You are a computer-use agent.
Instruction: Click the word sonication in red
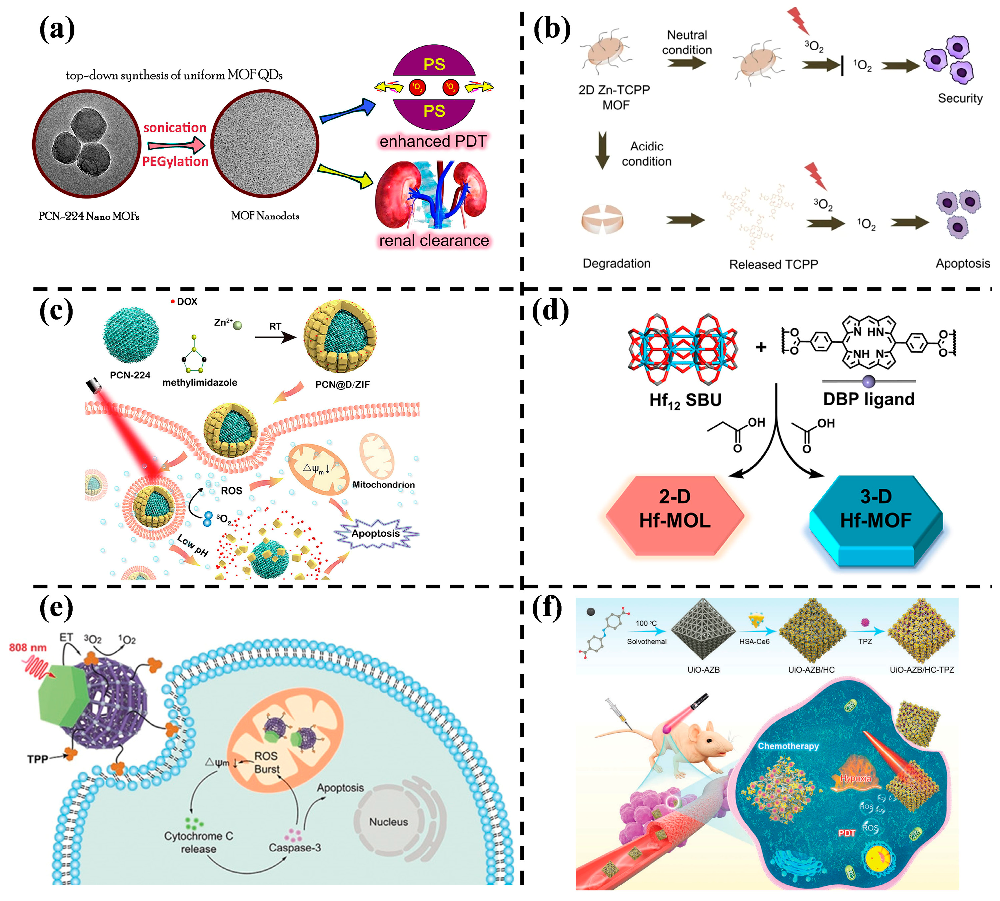pos(174,128)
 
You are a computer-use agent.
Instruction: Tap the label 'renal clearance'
pos(433,240)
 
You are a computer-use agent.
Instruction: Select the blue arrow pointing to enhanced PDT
pos(347,111)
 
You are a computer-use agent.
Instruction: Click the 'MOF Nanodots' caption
pos(264,216)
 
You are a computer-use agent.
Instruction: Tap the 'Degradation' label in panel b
pos(616,263)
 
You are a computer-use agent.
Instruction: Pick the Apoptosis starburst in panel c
pos(376,534)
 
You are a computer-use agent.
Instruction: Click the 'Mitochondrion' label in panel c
pos(383,485)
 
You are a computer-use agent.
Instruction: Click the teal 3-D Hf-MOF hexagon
pos(875,517)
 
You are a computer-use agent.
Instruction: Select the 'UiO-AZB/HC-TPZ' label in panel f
pos(921,670)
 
